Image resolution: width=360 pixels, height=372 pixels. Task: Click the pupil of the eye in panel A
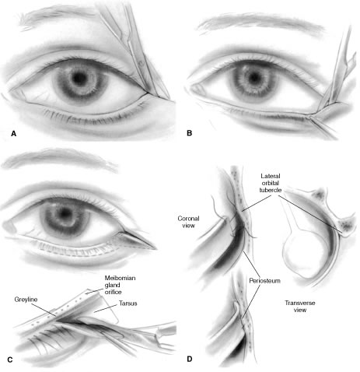coord(79,77)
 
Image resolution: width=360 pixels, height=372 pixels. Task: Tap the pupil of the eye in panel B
coord(254,77)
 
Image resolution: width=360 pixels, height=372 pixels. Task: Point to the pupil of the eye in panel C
coord(65,212)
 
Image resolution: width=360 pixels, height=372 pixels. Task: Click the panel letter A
coord(14,134)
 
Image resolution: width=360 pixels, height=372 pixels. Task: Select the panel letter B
coord(190,133)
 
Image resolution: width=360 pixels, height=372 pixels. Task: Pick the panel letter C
coord(10,360)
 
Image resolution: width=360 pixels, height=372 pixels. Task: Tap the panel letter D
coord(190,359)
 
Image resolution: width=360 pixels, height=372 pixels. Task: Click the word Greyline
coord(26,300)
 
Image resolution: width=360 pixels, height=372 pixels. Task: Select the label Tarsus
coord(128,304)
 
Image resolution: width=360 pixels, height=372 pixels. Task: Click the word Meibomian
coord(120,278)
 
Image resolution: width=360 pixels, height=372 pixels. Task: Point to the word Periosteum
coord(264,281)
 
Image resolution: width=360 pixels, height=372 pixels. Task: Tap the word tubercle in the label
coord(271,190)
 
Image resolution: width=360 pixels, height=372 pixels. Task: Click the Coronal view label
coord(188,222)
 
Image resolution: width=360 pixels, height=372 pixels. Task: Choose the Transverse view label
coord(300,307)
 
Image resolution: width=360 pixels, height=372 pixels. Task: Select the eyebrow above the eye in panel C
coord(60,159)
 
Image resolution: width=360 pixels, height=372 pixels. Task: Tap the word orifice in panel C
coord(113,292)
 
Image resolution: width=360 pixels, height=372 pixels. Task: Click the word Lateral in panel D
coord(271,176)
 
